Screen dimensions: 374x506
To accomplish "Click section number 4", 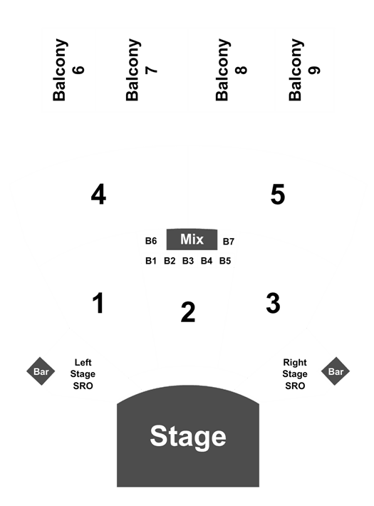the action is point(98,195).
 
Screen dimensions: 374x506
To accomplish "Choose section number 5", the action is point(278,195).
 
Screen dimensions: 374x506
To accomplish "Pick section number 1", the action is point(98,303).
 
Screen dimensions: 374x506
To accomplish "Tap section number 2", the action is point(188,312).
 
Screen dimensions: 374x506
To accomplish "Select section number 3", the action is point(274,303).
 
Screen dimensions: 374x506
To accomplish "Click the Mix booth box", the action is point(192,239).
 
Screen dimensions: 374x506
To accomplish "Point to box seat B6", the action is point(151,241).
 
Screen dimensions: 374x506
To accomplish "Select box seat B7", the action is point(229,242).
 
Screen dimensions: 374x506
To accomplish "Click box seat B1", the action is point(151,261).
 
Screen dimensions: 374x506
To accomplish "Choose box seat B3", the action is point(188,261).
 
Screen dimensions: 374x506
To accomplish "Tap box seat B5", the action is point(225,261).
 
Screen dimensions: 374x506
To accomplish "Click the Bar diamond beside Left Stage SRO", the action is point(41,371).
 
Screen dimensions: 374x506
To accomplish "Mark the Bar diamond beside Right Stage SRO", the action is point(336,371).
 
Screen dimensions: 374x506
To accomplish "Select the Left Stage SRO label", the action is point(83,374).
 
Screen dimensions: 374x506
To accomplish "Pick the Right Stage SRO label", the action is point(295,374).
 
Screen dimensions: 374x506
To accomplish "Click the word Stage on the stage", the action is point(188,436).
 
